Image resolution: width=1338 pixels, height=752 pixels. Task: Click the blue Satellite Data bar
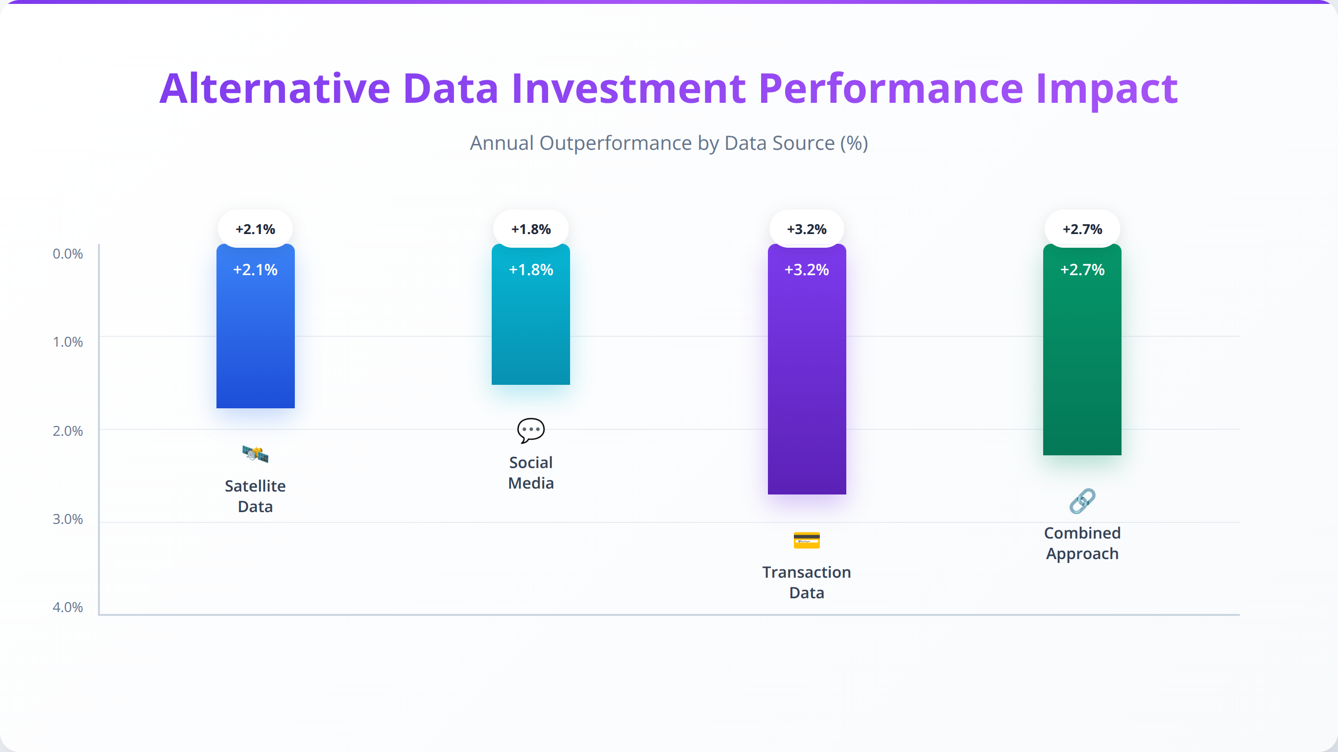click(x=256, y=326)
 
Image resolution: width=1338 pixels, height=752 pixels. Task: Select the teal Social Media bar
click(x=531, y=314)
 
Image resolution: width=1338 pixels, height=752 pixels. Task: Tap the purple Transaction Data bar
click(x=807, y=369)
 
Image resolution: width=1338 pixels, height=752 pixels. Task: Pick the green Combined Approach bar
click(x=1082, y=350)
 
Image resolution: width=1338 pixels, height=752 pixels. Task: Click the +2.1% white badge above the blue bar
click(x=256, y=229)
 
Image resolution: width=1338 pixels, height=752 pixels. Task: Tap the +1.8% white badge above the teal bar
click(x=531, y=229)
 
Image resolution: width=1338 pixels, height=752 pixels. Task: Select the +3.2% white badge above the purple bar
click(x=807, y=229)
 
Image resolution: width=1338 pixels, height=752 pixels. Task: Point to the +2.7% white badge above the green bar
click(x=1082, y=229)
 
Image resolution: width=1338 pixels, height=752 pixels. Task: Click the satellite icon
click(x=256, y=454)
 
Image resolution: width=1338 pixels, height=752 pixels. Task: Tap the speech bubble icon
click(x=531, y=430)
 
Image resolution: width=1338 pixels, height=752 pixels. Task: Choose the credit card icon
click(x=807, y=540)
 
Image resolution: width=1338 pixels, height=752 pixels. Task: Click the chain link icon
click(x=1082, y=501)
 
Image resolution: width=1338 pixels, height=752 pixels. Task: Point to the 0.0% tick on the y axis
click(x=68, y=254)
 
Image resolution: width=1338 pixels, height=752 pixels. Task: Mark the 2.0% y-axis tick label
click(x=68, y=430)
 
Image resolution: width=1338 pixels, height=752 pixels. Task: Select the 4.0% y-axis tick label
click(x=68, y=607)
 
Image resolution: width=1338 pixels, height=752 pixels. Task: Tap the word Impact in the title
click(x=1107, y=89)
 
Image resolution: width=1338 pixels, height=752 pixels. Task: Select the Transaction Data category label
click(x=807, y=582)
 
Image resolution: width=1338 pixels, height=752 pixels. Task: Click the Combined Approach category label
click(x=1082, y=543)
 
